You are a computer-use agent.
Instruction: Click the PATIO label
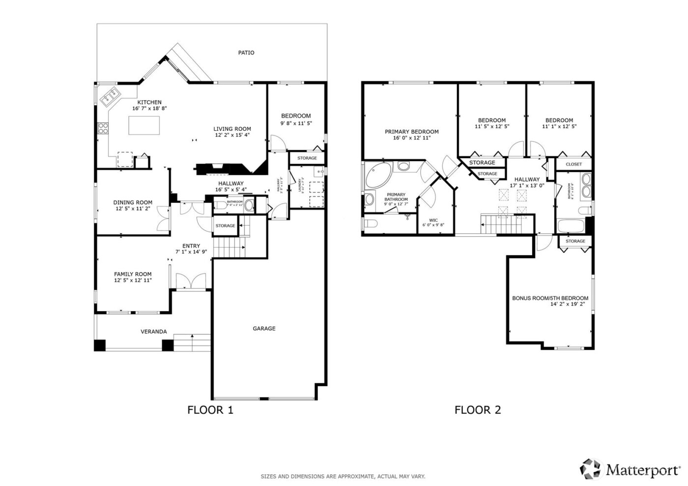(246, 53)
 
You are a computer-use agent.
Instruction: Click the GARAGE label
(264, 328)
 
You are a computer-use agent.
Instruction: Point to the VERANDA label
(154, 332)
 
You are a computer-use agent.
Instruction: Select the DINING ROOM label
(133, 202)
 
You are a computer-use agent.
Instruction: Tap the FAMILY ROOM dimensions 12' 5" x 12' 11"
(133, 280)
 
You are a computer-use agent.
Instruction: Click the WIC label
(433, 220)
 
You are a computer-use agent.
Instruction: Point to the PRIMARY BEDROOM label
(411, 132)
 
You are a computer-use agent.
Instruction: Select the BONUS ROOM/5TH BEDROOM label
(550, 298)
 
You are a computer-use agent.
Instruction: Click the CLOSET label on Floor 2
(573, 164)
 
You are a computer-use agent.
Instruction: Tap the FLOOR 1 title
(210, 410)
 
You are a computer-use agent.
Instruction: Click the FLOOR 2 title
(478, 410)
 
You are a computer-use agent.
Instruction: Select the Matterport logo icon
(591, 469)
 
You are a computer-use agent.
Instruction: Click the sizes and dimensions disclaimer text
(343, 476)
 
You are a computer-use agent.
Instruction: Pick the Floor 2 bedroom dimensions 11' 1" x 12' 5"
(559, 126)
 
